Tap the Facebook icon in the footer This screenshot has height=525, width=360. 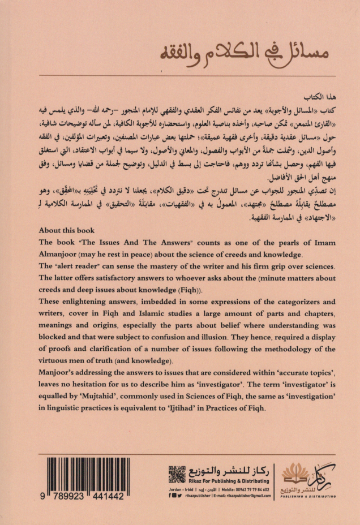pos(170,496)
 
